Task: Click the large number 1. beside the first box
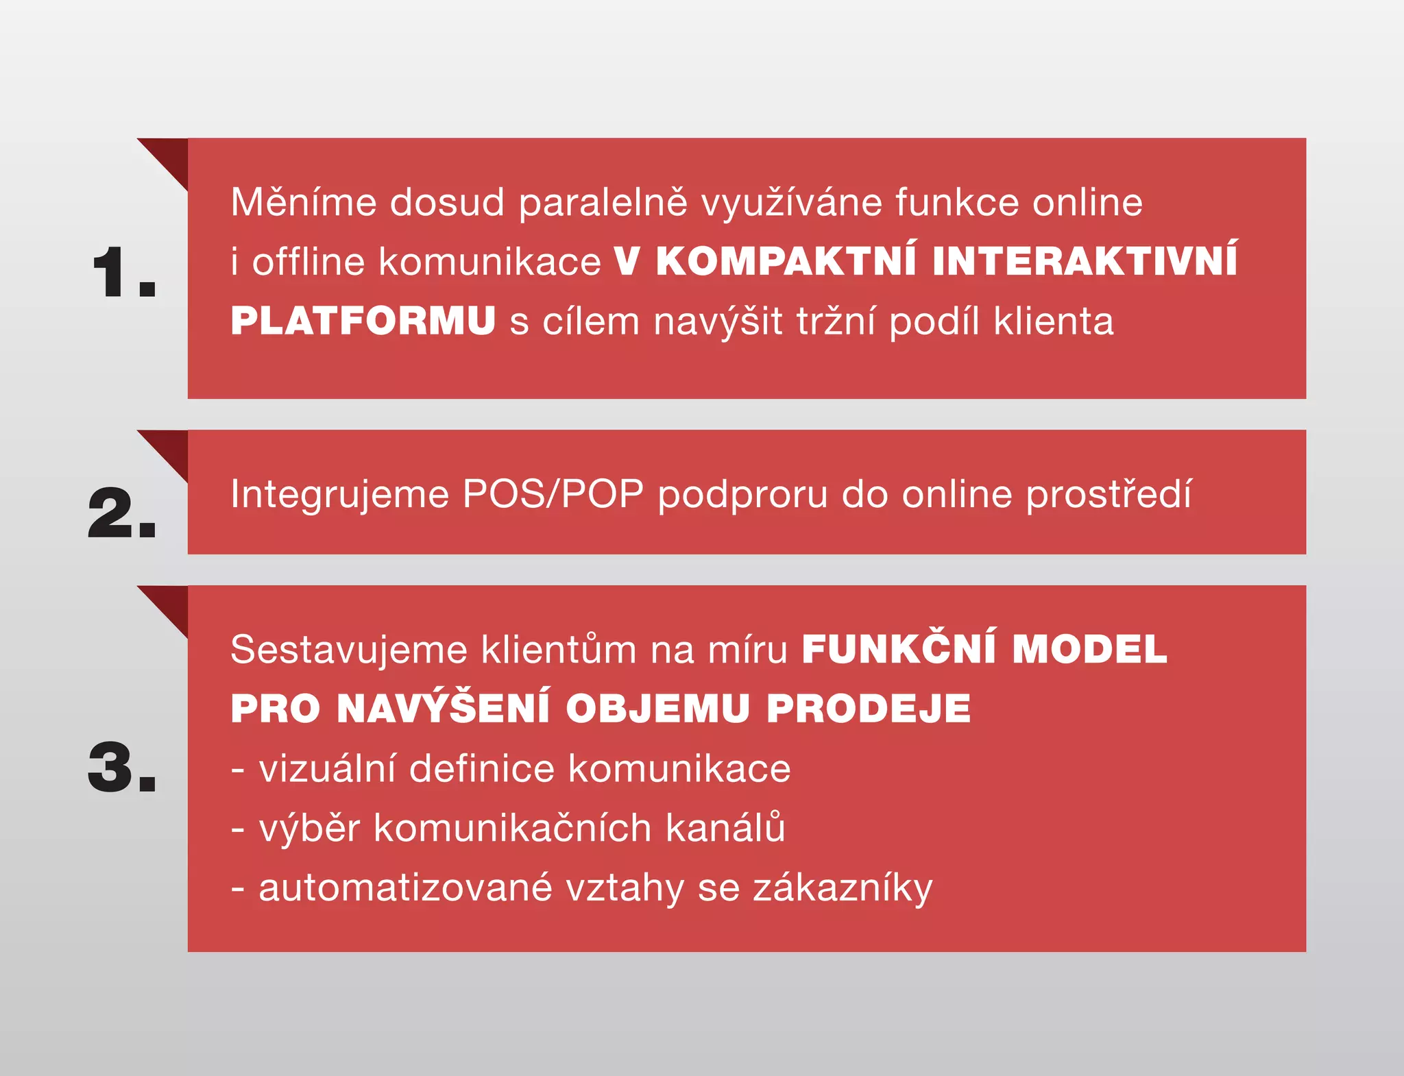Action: click(x=124, y=272)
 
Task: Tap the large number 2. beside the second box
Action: click(x=122, y=513)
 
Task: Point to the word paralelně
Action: click(x=603, y=204)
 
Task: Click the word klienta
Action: click(x=1054, y=321)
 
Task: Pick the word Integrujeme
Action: click(x=339, y=495)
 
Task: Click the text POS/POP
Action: click(x=553, y=493)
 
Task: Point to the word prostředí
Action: click(x=1109, y=495)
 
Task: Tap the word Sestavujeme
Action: click(x=349, y=650)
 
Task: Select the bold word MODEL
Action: click(x=1089, y=650)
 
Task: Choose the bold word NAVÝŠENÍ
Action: click(x=444, y=708)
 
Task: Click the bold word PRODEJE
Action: click(x=869, y=709)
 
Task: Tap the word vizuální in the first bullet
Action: click(x=327, y=768)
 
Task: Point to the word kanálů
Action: click(x=725, y=827)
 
